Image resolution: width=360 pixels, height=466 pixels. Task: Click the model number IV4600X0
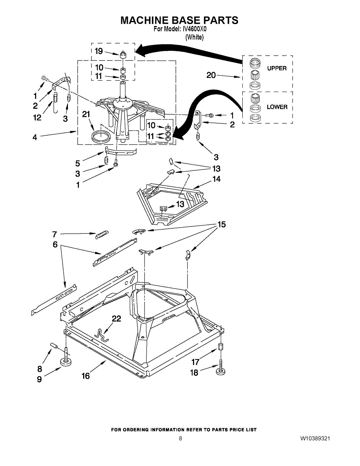pos(193,29)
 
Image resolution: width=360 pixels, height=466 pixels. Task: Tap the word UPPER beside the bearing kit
pos(277,68)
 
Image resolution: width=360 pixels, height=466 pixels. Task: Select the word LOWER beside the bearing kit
pos(277,107)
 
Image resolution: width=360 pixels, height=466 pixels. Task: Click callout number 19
pos(99,51)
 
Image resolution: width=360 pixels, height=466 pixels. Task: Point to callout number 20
pos(211,75)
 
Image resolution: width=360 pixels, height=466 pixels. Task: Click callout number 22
pos(116,319)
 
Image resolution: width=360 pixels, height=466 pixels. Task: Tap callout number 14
pos(216,179)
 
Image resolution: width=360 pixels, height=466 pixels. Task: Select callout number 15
pos(221,224)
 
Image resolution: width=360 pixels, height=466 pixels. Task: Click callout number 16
pos(85,376)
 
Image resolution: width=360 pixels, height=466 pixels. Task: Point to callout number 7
pos(55,234)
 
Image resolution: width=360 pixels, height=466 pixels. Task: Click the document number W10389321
pos(315,438)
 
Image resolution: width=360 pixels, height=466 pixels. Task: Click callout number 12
pos(37,118)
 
